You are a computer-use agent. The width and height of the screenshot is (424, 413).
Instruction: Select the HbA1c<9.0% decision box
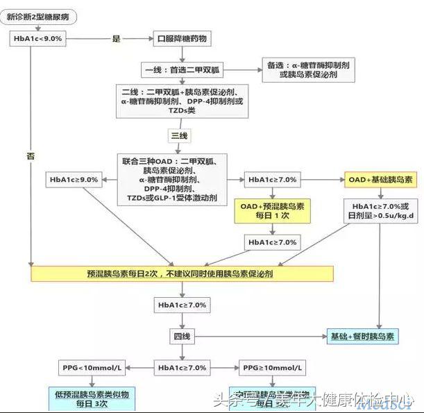[x=38, y=38]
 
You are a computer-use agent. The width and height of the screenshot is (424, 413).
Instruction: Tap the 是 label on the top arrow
[x=116, y=38]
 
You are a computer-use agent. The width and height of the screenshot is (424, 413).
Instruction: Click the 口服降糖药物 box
[x=181, y=38]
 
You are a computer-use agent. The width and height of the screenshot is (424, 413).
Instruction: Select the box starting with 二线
[x=182, y=100]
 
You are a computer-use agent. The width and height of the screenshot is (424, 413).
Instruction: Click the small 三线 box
[x=178, y=135]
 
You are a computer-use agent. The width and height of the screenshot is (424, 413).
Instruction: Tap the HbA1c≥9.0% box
[x=74, y=180]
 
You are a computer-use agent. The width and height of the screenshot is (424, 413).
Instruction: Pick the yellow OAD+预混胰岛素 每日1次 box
[x=272, y=211]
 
